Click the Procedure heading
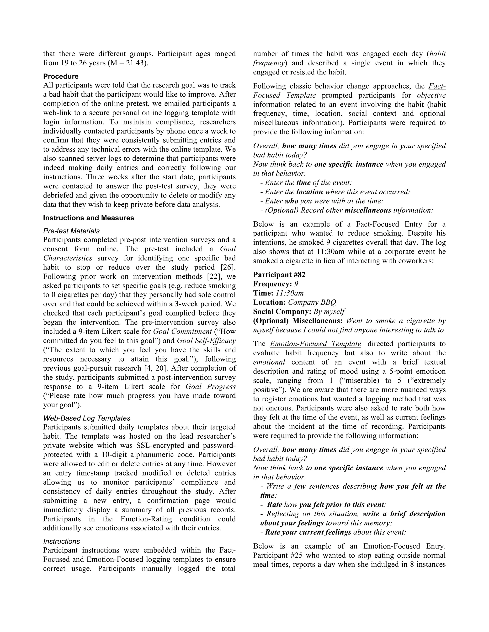(61, 76)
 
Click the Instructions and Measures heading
(88, 218)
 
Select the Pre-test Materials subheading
(71, 231)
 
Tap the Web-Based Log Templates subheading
(87, 418)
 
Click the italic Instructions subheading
(61, 541)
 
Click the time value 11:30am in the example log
(289, 293)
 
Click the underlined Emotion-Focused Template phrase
(315, 344)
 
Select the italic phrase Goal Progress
(210, 387)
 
